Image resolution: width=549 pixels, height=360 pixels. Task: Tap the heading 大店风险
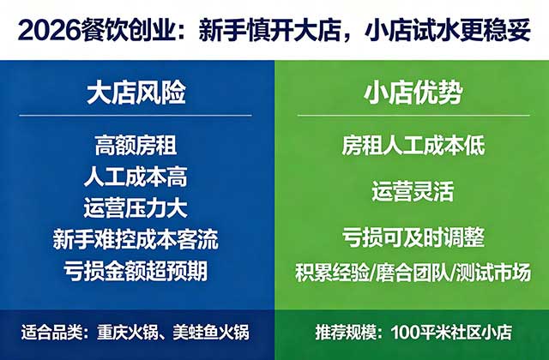(137, 93)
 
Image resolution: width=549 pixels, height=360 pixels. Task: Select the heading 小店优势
(412, 93)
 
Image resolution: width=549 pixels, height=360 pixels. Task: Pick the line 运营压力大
(137, 208)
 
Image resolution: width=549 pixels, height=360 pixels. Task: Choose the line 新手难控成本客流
(137, 240)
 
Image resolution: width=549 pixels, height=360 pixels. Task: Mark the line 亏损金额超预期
(137, 272)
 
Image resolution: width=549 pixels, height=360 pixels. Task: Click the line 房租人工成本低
(413, 145)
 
